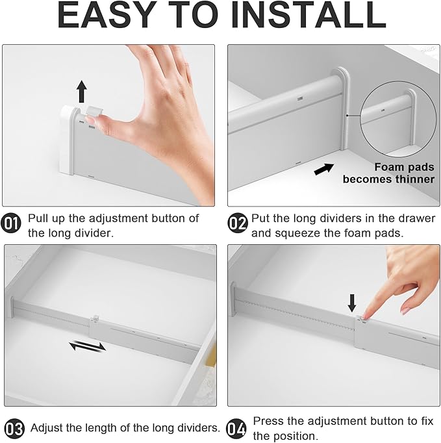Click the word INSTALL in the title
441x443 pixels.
point(309,15)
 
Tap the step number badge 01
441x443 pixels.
point(11,223)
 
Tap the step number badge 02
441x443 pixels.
point(238,223)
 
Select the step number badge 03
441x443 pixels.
point(14,429)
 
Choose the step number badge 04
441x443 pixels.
point(236,429)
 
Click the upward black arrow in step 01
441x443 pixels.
point(82,91)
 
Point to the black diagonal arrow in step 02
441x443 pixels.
point(324,169)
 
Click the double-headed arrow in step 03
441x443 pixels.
point(88,346)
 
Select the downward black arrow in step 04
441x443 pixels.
point(352,303)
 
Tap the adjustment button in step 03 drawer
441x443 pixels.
point(96,318)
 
